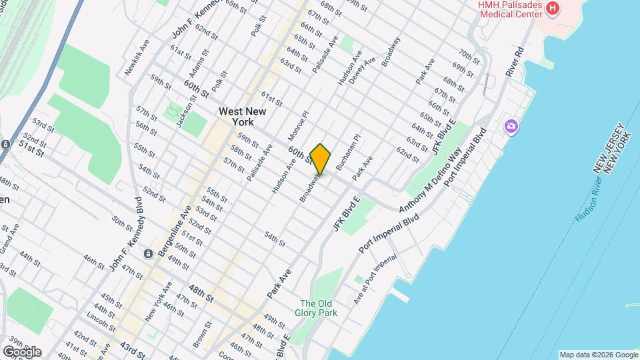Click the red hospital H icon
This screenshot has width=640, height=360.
click(x=552, y=8)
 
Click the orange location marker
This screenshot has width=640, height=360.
click(x=321, y=159)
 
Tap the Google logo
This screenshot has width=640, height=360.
click(x=21, y=351)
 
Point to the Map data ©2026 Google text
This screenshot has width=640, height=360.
click(x=599, y=355)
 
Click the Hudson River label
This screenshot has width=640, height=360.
click(x=590, y=200)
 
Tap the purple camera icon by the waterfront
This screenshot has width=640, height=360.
click(x=512, y=126)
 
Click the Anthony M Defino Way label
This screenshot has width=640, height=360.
click(x=431, y=181)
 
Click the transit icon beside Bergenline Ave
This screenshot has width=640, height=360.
click(x=147, y=253)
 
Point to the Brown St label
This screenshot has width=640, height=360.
click(x=201, y=333)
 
